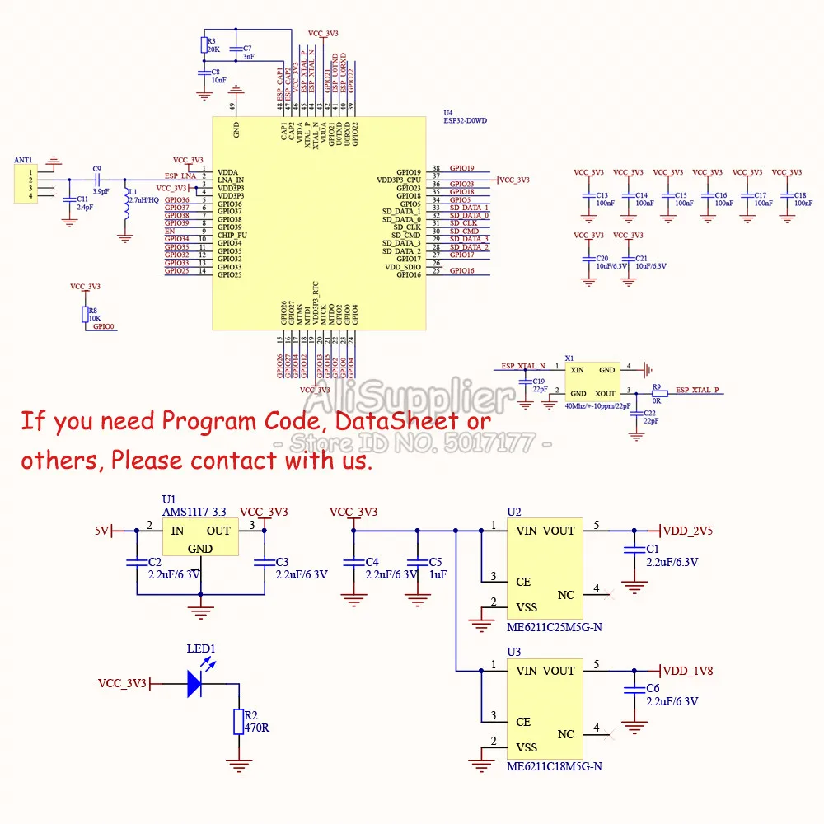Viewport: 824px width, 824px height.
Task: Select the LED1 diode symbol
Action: tap(194, 683)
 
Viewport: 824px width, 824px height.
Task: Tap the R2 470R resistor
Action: tap(238, 722)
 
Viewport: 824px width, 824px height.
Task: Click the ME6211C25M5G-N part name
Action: tap(554, 627)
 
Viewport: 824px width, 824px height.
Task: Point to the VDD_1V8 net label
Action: tap(688, 671)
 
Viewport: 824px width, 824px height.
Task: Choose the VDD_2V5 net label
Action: tap(688, 531)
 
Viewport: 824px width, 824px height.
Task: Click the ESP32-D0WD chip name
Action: tap(465, 120)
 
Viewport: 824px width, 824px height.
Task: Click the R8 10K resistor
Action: tap(84, 314)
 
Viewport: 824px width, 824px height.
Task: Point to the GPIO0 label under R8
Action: tap(104, 327)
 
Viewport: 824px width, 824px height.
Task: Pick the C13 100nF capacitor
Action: tap(588, 199)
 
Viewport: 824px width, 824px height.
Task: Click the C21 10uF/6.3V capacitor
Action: tap(629, 262)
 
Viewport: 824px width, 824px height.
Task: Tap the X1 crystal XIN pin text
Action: tap(578, 371)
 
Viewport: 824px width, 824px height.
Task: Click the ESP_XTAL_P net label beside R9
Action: tap(696, 390)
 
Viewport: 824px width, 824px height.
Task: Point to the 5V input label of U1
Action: tap(101, 531)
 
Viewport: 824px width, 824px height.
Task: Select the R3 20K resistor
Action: tap(204, 44)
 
